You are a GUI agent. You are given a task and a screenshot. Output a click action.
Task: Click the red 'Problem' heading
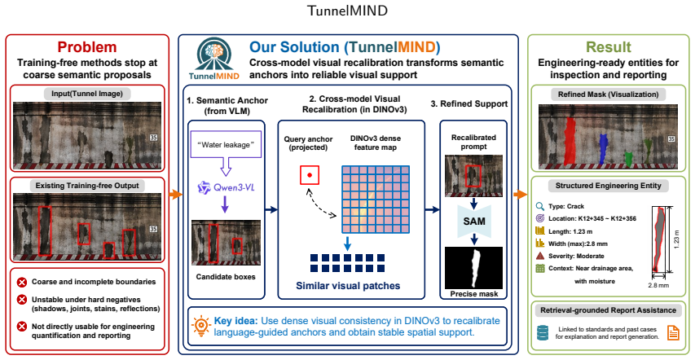click(x=87, y=47)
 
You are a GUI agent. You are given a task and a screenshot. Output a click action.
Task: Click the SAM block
click(x=474, y=221)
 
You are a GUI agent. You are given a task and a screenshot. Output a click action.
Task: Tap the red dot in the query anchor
click(x=310, y=176)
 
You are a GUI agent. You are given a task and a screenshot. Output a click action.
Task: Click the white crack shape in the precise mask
click(x=477, y=268)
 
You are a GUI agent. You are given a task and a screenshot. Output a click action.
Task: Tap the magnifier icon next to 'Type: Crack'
click(x=540, y=206)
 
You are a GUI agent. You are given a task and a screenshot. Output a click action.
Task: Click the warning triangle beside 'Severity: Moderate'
click(x=540, y=256)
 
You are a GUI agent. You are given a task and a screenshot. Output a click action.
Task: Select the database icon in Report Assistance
click(x=542, y=333)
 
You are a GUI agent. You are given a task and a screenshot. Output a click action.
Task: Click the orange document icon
click(x=673, y=333)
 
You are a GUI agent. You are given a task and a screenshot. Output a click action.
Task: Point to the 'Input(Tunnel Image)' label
click(x=87, y=93)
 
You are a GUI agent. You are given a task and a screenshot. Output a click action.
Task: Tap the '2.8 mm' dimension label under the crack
click(x=658, y=285)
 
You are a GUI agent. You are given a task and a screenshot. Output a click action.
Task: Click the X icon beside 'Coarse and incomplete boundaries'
click(x=21, y=282)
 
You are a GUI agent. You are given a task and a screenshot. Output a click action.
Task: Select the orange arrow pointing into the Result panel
click(x=521, y=194)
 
